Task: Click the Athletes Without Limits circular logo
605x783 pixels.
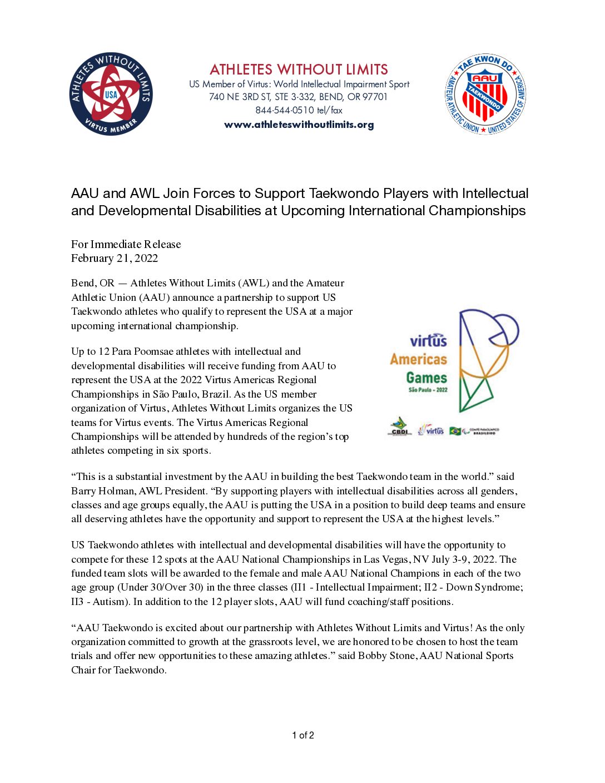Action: click(111, 95)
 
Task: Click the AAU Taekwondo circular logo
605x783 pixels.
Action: click(485, 95)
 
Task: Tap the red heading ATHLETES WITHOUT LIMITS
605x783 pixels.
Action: click(299, 70)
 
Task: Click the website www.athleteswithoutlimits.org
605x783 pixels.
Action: click(299, 125)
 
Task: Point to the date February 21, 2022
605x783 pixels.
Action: click(115, 258)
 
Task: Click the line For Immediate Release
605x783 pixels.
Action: click(126, 244)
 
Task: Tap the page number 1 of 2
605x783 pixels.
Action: click(302, 735)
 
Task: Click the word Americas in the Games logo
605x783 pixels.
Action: click(419, 359)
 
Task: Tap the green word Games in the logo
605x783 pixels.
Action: click(427, 378)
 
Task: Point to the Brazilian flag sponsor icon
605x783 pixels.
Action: click(455, 431)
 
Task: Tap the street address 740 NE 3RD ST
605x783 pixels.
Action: click(240, 97)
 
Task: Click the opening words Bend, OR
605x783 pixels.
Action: click(92, 283)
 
